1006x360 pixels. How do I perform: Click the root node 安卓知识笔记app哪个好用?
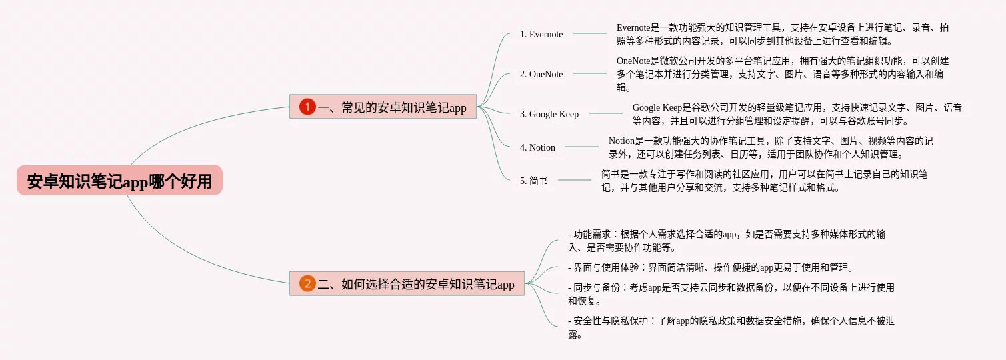[119, 181]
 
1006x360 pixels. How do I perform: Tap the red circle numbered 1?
[307, 107]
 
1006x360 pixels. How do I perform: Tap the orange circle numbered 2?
[307, 284]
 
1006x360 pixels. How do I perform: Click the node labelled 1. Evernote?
[541, 34]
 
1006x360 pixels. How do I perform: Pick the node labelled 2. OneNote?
[541, 74]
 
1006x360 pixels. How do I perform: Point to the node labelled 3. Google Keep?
[549, 114]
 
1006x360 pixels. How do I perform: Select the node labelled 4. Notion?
[537, 147]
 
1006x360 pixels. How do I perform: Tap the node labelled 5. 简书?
[533, 181]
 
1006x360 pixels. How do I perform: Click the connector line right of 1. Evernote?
[590, 33]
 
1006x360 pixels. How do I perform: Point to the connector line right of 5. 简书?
[575, 180]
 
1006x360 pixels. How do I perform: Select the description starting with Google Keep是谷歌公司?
[797, 114]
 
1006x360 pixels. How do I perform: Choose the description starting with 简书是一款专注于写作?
[764, 181]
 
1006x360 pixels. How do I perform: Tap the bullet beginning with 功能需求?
[727, 241]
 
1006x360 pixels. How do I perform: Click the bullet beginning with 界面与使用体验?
[711, 267]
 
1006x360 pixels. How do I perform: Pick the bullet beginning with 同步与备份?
[731, 294]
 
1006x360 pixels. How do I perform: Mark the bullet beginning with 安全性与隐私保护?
[731, 327]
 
